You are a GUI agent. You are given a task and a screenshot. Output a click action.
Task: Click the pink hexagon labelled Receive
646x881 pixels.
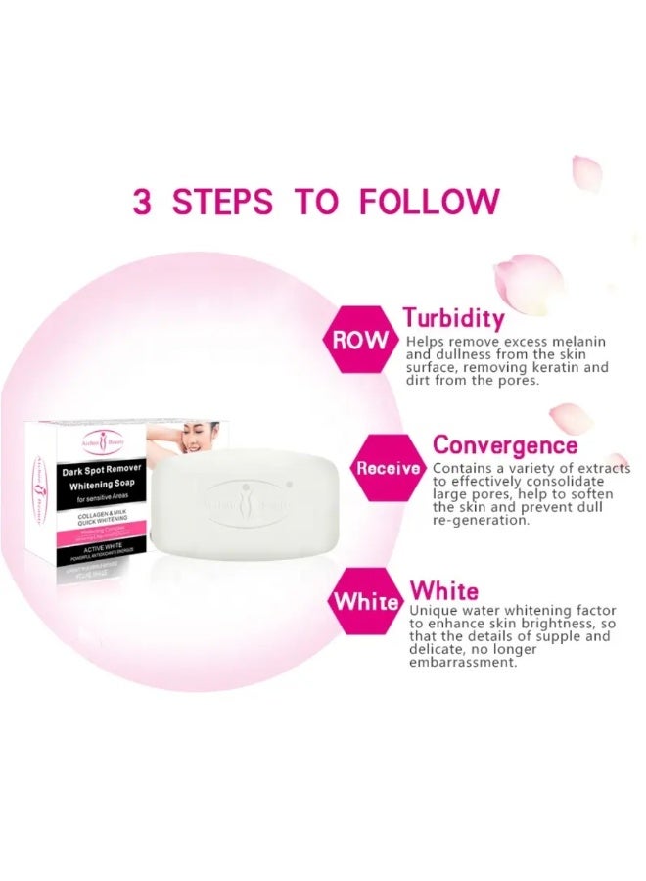coord(389,468)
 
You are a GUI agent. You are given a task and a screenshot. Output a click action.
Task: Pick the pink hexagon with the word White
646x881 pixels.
coord(366,601)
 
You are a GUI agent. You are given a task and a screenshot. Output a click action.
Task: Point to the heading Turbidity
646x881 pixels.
coord(454,318)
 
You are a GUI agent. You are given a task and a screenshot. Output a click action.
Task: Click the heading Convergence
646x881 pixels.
coord(505,445)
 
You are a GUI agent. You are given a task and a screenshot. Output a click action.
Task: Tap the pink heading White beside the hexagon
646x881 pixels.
coord(444,590)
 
